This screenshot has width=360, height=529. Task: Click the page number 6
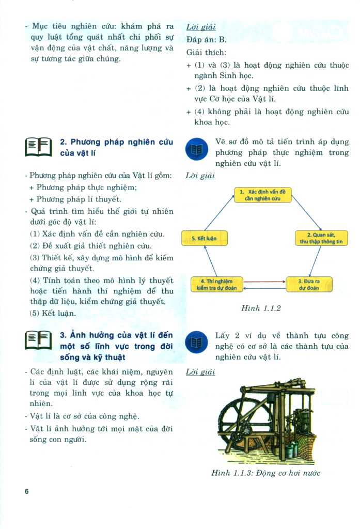coord(26,492)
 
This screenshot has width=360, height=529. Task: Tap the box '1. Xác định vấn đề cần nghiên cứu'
coord(263,195)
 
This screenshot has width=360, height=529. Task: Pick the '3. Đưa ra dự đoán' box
coord(309,284)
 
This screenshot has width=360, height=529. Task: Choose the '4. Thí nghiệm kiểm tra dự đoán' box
coord(217,284)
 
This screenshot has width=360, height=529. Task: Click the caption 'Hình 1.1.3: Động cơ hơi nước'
coord(266,473)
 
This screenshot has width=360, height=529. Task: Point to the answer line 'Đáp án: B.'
coord(206,39)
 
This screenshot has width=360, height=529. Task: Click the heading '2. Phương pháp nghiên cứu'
coord(116,142)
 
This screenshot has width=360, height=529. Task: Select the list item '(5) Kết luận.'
coord(53,313)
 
